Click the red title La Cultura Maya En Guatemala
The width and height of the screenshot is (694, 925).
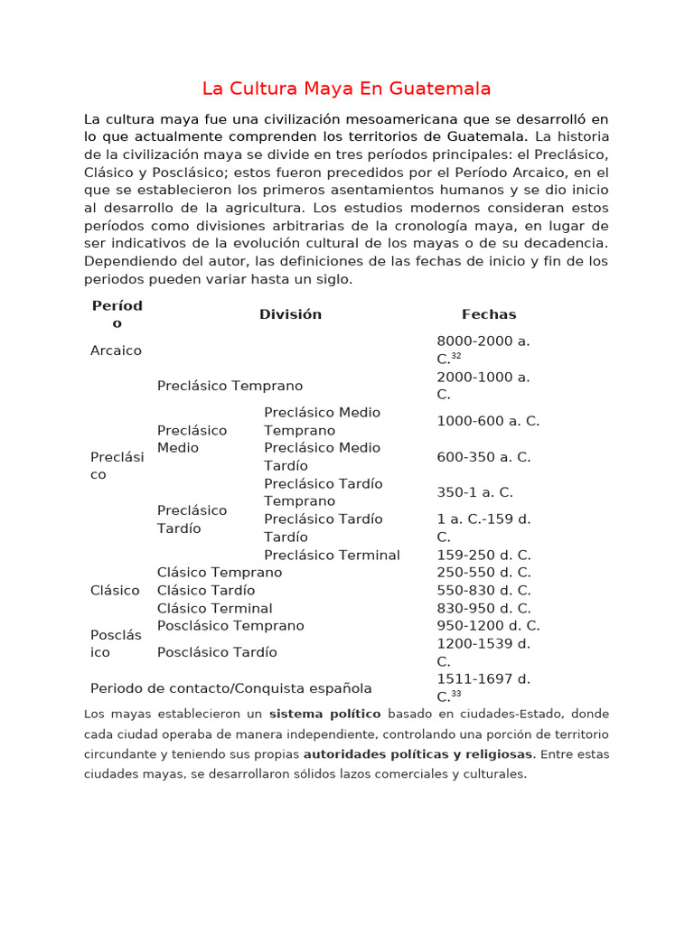coord(346,89)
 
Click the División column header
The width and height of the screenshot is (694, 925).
coord(290,314)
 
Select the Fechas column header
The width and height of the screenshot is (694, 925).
coord(489,314)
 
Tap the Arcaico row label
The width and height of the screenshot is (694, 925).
coord(116,350)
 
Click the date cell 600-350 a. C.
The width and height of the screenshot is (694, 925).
coord(483,457)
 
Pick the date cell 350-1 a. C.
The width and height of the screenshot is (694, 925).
coord(474,492)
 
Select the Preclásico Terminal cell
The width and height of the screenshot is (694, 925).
coord(332,555)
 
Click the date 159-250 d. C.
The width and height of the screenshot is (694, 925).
coord(483,555)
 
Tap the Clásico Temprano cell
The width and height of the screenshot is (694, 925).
coord(220,572)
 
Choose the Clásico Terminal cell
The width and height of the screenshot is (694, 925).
coord(214,608)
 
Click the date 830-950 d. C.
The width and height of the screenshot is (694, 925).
coord(483,608)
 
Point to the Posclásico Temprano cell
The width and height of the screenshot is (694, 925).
coord(230,625)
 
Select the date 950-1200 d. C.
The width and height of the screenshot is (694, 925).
coord(488,625)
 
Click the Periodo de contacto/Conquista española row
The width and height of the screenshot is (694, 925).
coord(230,688)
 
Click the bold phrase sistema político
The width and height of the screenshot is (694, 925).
coord(324,714)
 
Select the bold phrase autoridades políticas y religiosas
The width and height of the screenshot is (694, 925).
coord(418,753)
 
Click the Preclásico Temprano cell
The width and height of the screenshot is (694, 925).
coord(230,386)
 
